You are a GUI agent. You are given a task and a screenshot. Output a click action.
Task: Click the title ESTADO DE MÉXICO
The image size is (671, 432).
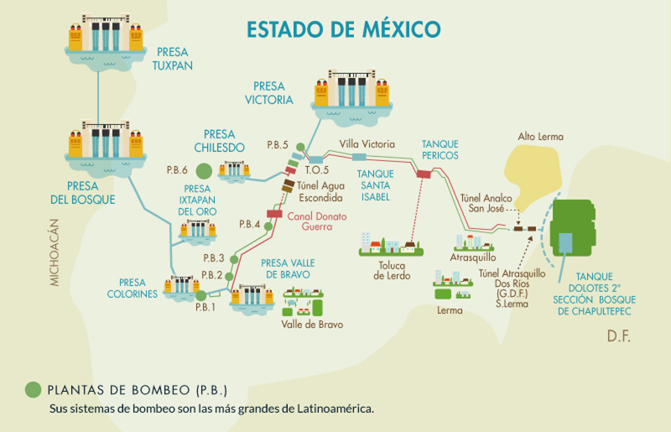coord(343,29)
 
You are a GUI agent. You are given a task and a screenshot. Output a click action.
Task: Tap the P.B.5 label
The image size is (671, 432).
coord(278,145)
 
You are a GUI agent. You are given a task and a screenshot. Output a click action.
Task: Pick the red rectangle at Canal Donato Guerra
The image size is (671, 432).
coord(274,215)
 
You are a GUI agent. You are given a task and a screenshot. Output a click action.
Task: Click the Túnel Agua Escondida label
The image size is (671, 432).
coord(320,192)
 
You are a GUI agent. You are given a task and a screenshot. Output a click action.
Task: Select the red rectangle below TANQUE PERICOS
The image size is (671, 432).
coord(424,174)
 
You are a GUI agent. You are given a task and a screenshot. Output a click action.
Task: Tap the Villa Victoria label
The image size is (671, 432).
coord(366,144)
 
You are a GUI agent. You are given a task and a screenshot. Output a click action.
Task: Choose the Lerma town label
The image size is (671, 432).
coord(450,310)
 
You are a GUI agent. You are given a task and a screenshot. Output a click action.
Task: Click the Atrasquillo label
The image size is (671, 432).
coord(473,258)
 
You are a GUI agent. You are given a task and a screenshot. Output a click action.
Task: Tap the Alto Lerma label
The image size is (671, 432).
coord(540,137)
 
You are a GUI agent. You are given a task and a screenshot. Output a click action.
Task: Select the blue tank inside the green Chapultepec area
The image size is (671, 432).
coord(567,243)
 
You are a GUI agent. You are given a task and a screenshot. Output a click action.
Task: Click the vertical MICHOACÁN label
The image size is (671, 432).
coord(55,252)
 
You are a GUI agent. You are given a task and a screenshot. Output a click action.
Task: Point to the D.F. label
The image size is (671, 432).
coord(618,336)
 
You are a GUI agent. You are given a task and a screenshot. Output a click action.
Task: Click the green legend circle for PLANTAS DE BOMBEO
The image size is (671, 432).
coord(33,389)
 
